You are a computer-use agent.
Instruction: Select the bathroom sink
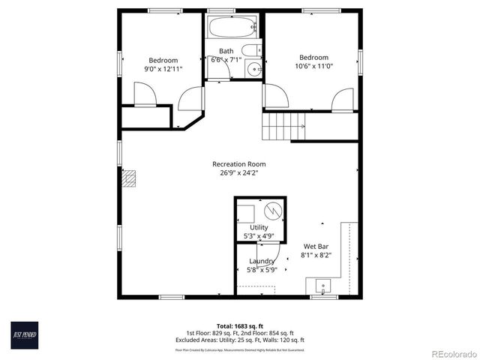tap(253, 70)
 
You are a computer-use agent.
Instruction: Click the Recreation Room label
tap(238, 164)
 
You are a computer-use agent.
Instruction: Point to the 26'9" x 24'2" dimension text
tap(238, 173)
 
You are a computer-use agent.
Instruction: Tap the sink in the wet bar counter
tap(323, 286)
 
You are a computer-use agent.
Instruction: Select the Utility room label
tap(259, 227)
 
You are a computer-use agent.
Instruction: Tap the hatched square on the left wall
tap(130, 178)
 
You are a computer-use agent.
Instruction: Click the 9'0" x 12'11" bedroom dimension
tap(163, 69)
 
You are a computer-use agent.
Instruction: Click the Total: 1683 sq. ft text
tap(240, 326)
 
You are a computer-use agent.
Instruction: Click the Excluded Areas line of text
tap(240, 340)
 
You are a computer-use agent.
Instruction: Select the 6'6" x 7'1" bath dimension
tap(226, 59)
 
